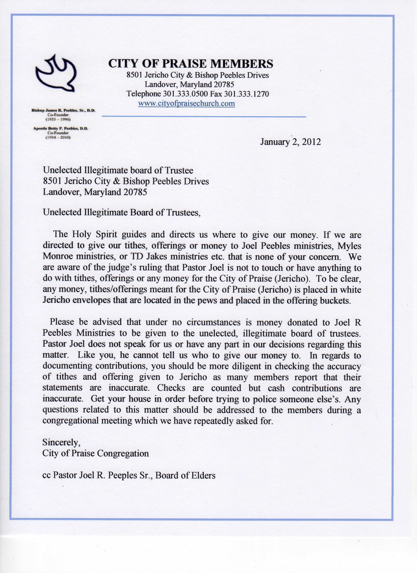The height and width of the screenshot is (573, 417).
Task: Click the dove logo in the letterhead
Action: pos(56,74)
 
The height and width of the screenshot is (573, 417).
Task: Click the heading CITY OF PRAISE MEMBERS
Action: pos(191,64)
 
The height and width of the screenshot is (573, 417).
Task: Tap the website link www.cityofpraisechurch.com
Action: pos(186,103)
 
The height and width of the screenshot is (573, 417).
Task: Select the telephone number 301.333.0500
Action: pos(185,94)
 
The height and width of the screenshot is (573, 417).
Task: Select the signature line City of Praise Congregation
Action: pos(95,453)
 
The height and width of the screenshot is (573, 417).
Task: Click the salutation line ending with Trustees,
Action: pos(122,212)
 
